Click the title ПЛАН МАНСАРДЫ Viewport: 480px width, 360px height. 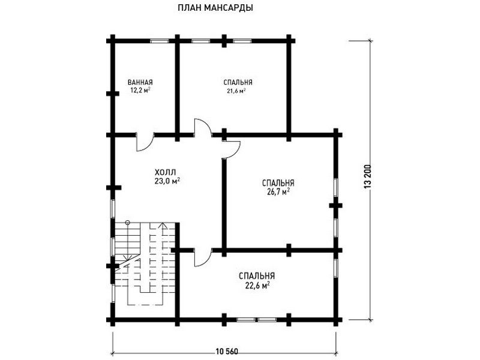click(215, 8)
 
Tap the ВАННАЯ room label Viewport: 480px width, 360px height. click(140, 83)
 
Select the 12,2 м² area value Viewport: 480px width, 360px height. click(140, 91)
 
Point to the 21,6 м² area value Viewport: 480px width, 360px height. click(236, 91)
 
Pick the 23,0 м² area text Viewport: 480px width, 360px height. click(167, 180)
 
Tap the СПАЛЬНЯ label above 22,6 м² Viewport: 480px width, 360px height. click(256, 276)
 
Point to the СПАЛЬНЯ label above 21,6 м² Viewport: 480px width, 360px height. click(238, 83)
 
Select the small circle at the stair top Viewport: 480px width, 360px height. click(127, 223)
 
